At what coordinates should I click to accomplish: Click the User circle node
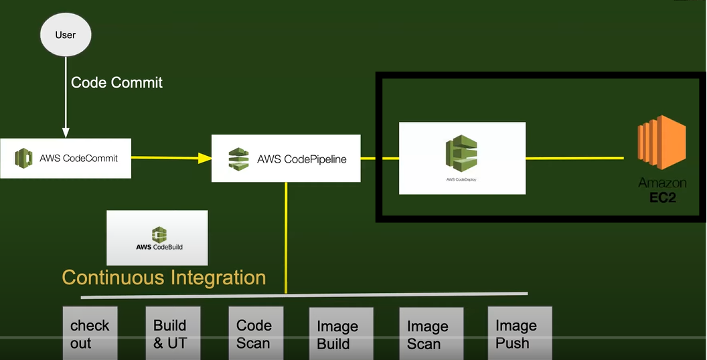[66, 35]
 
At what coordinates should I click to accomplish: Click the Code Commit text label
[116, 82]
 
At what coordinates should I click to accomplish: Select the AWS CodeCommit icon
[24, 159]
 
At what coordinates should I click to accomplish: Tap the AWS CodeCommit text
[78, 159]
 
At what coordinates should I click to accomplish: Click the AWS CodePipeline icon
[238, 159]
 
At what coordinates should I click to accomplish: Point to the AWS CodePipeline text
[301, 159]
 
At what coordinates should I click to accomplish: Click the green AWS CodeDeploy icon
[461, 154]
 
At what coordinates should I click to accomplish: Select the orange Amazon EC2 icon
[661, 145]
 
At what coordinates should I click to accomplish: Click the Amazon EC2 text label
[661, 190]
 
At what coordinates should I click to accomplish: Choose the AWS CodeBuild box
[157, 238]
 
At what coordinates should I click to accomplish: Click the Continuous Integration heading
[164, 277]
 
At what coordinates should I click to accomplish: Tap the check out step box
[90, 333]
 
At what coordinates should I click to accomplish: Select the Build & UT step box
[173, 333]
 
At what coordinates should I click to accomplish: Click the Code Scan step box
[255, 333]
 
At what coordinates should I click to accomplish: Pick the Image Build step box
[340, 334]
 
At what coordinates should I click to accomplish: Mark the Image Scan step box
[430, 334]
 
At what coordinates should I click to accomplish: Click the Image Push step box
[519, 333]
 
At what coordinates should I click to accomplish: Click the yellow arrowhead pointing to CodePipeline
[204, 159]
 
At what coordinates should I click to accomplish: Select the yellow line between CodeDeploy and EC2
[574, 159]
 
